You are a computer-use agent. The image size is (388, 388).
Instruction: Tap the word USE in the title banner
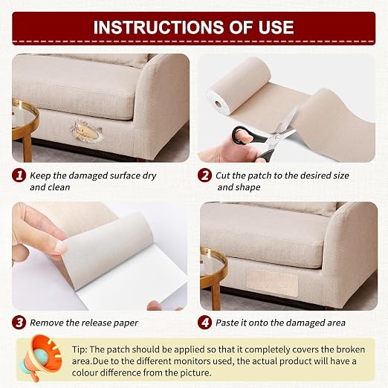point(276,27)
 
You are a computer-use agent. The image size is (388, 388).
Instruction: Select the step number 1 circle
point(19,175)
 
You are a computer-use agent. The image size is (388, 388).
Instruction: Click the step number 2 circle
point(204,175)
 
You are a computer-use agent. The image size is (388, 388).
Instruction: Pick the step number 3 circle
point(19,323)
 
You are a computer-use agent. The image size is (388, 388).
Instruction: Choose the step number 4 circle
point(204,323)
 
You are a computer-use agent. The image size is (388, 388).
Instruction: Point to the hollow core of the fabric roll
point(218,103)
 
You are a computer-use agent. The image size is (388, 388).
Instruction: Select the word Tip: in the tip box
point(80,349)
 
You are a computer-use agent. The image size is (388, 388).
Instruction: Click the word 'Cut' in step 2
point(223,175)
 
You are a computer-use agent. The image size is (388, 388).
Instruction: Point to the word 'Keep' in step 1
point(40,176)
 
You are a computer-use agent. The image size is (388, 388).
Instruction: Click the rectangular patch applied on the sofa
point(271,283)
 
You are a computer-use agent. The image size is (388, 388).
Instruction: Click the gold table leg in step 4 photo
point(216,297)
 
